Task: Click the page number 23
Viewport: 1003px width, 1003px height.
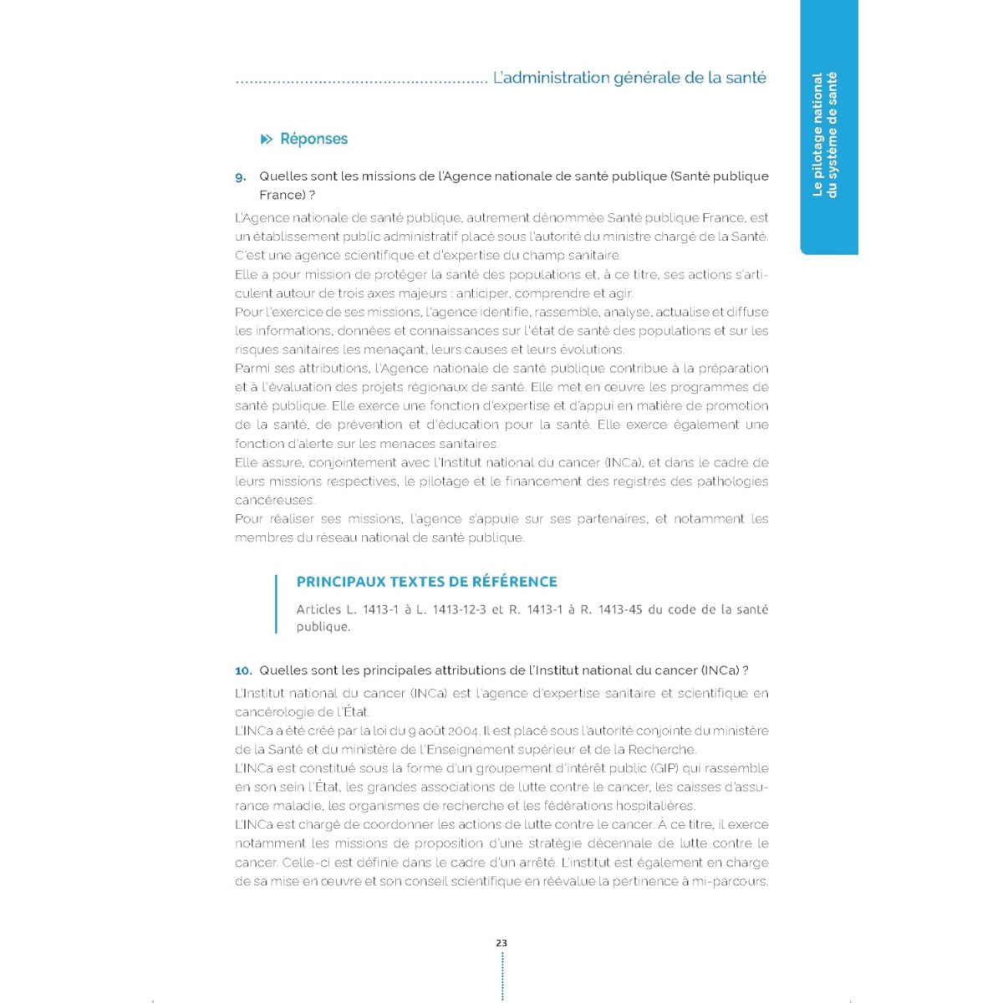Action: (x=501, y=943)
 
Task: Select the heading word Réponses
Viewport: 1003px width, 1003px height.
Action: (x=313, y=139)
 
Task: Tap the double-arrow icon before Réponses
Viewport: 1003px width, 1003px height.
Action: (x=267, y=139)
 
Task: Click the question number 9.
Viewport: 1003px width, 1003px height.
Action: (x=241, y=177)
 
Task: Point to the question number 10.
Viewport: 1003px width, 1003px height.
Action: (x=243, y=670)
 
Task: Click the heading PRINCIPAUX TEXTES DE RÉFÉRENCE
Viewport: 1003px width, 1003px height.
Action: (x=426, y=582)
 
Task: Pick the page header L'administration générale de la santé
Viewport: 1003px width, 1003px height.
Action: (x=629, y=78)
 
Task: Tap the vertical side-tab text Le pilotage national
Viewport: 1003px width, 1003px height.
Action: (x=818, y=135)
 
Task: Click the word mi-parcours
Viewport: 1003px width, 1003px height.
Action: (x=730, y=881)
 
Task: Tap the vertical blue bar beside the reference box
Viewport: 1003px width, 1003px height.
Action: (x=276, y=603)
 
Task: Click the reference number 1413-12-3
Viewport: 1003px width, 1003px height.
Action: (x=459, y=609)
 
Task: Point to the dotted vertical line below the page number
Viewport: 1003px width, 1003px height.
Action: (x=501, y=975)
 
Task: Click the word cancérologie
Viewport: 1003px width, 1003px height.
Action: (x=274, y=712)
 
